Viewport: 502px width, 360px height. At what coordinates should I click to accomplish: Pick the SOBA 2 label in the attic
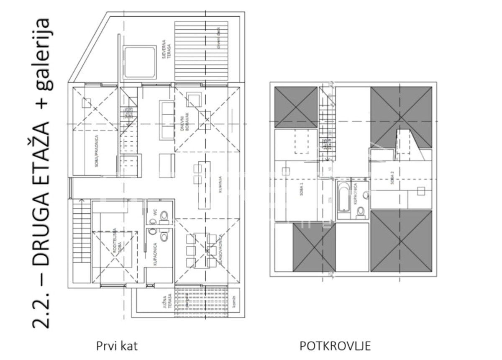(x=392, y=179)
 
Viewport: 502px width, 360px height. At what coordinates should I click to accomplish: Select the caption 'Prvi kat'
(x=117, y=346)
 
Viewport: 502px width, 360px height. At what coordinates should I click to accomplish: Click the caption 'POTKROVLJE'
(x=336, y=346)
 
